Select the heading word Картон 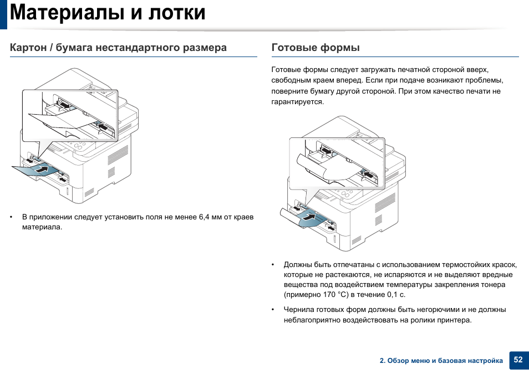coord(28,48)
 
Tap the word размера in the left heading coord(205,48)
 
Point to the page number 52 coord(518,360)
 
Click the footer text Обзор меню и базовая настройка coord(445,361)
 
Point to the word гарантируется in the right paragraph coord(297,102)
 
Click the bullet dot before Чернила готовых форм coord(274,310)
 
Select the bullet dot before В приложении coord(12,217)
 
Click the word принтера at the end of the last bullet coord(454,320)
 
